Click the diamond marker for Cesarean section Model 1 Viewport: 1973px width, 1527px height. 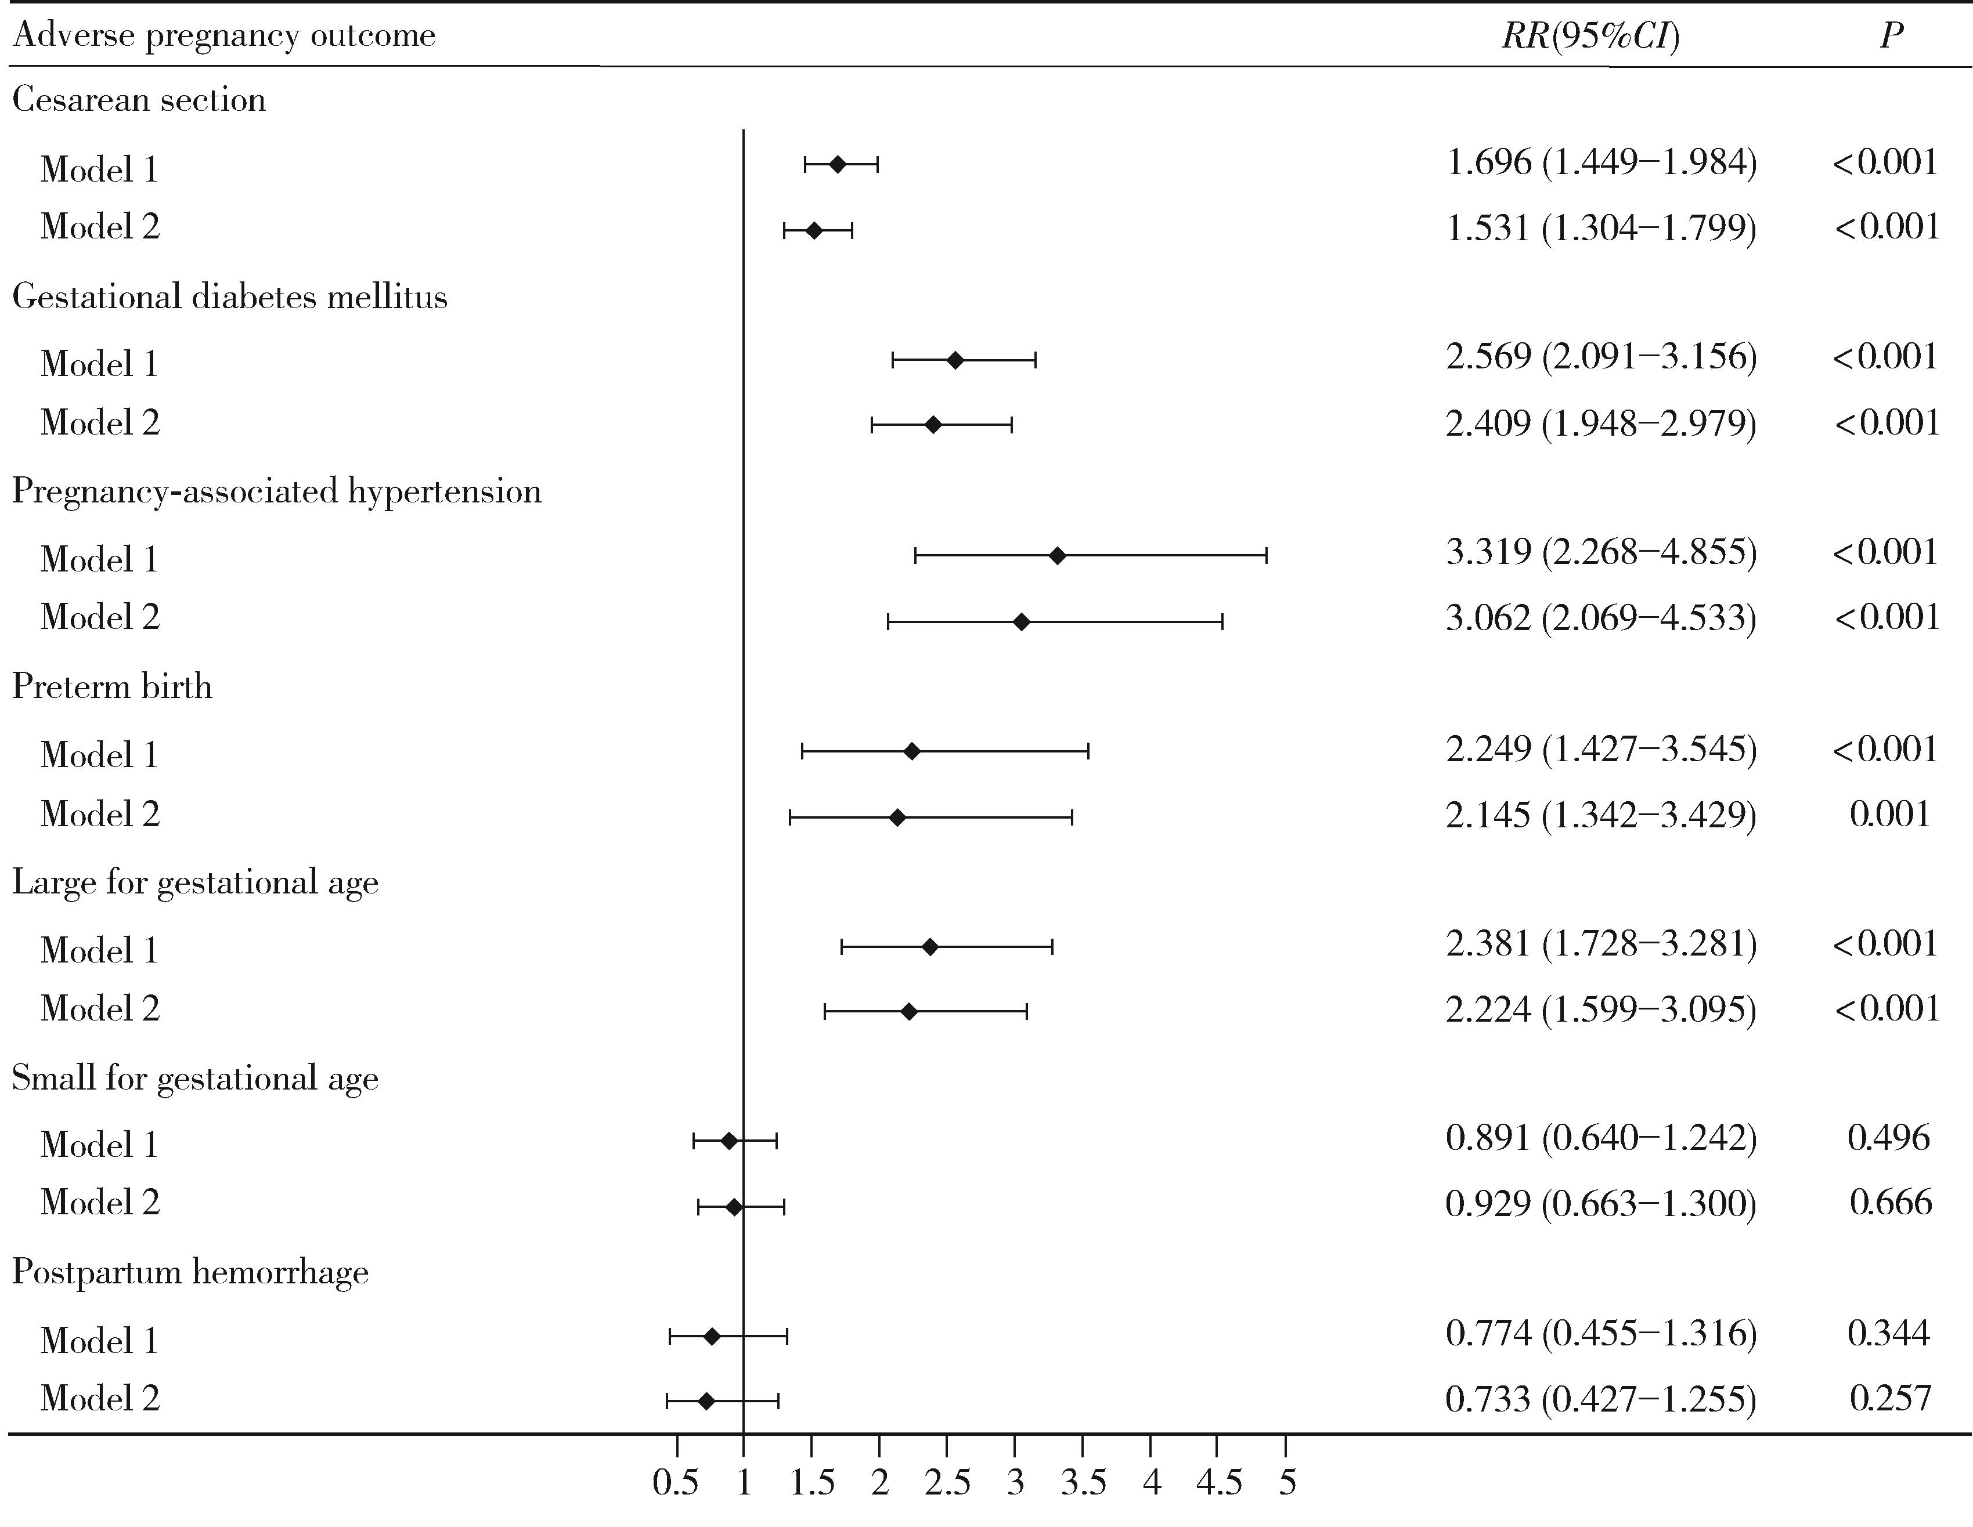pyautogui.click(x=838, y=164)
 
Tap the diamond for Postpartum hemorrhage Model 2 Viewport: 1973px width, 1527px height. pyautogui.click(x=706, y=1401)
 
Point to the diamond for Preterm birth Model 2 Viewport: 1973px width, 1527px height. pyautogui.click(x=897, y=818)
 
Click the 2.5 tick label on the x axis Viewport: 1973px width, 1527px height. pyautogui.click(x=947, y=1483)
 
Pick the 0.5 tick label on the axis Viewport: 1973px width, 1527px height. pyautogui.click(x=676, y=1483)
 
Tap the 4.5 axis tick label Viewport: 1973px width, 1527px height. pyautogui.click(x=1218, y=1483)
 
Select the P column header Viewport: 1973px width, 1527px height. pyautogui.click(x=1891, y=36)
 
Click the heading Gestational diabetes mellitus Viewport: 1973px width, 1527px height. pyautogui.click(x=229, y=297)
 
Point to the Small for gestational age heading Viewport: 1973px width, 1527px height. pyautogui.click(x=195, y=1078)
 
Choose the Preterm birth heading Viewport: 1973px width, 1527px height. pyautogui.click(x=112, y=687)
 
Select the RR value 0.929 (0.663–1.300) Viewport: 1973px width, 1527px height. pyautogui.click(x=1601, y=1203)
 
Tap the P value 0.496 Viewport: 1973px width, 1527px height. pyautogui.click(x=1888, y=1137)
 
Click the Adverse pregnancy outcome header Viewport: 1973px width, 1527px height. pyautogui.click(x=224, y=36)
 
